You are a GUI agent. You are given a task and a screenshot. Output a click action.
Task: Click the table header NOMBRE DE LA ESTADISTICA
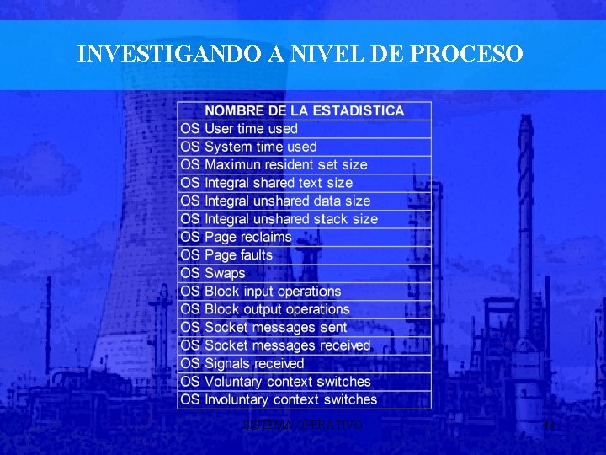pos(304,110)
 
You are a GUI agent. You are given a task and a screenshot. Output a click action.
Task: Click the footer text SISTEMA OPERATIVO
pos(302,426)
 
